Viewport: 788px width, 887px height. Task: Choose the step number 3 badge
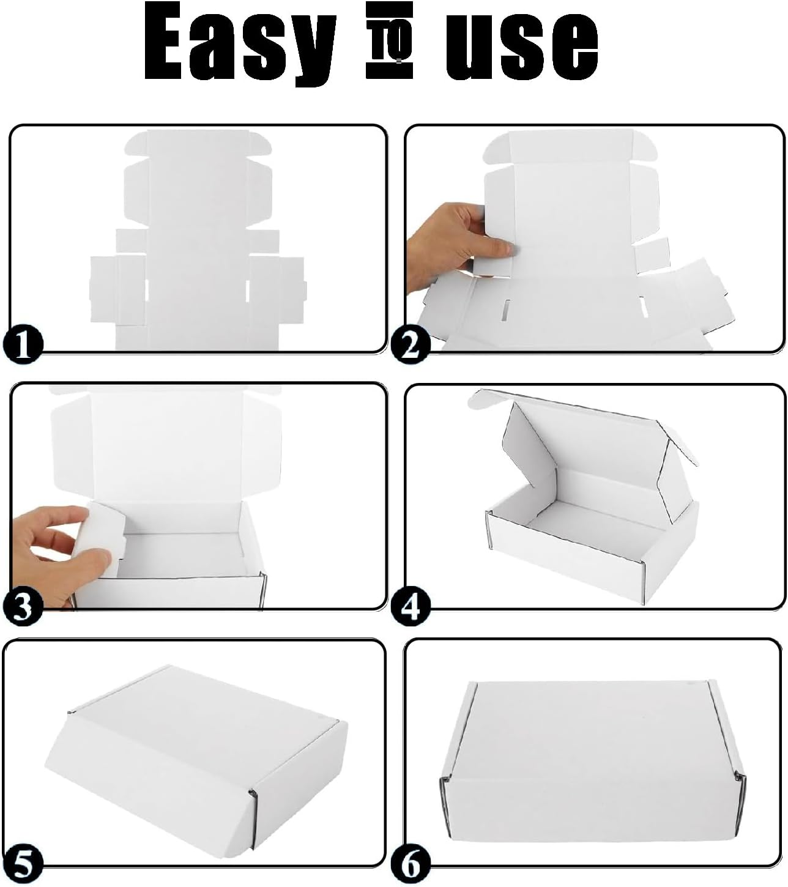22,606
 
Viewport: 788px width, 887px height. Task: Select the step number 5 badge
22,864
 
